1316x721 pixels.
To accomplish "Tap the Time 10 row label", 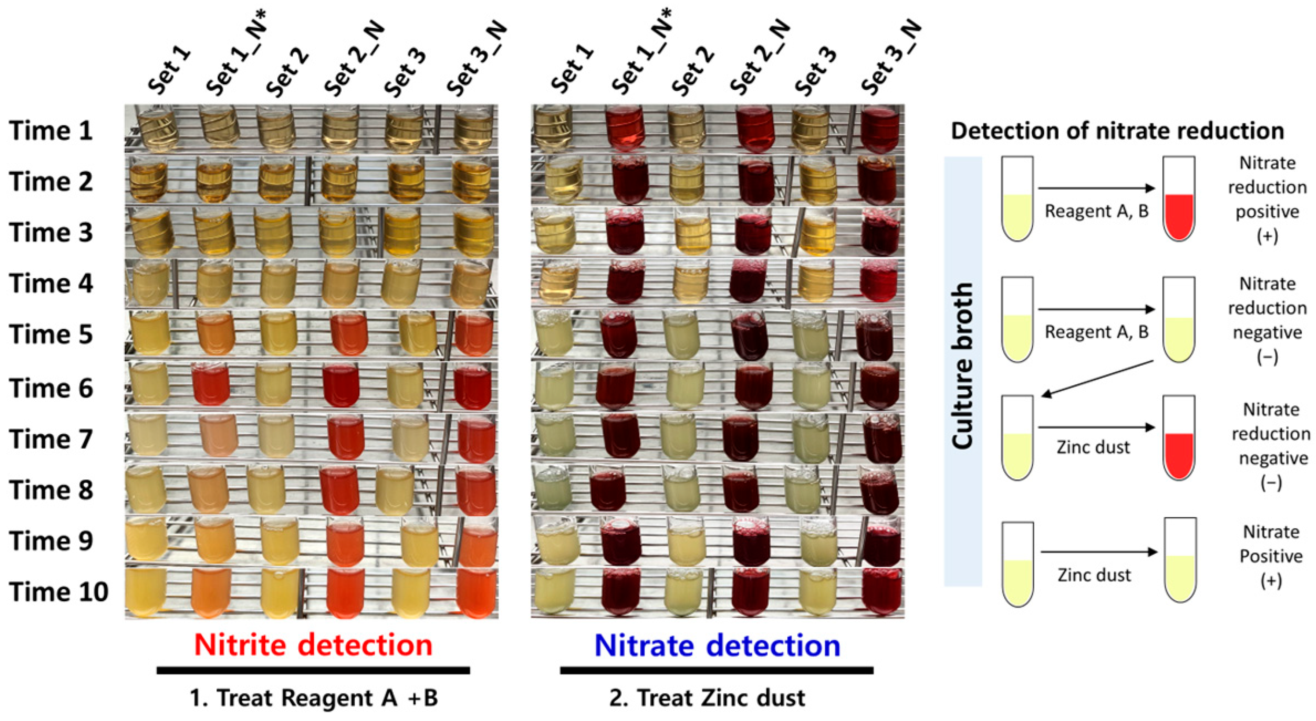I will click(x=58, y=592).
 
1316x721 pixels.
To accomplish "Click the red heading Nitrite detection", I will click(x=313, y=645).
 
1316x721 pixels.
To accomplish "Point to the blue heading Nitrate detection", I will click(x=717, y=645).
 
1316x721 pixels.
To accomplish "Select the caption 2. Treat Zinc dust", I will click(x=707, y=698).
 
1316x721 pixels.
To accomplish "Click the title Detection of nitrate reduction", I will click(x=1117, y=131).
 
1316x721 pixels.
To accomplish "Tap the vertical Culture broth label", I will click(x=963, y=366).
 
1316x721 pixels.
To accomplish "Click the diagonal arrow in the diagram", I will click(x=1098, y=378).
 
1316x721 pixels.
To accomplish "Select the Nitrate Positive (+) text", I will click(x=1271, y=556).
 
